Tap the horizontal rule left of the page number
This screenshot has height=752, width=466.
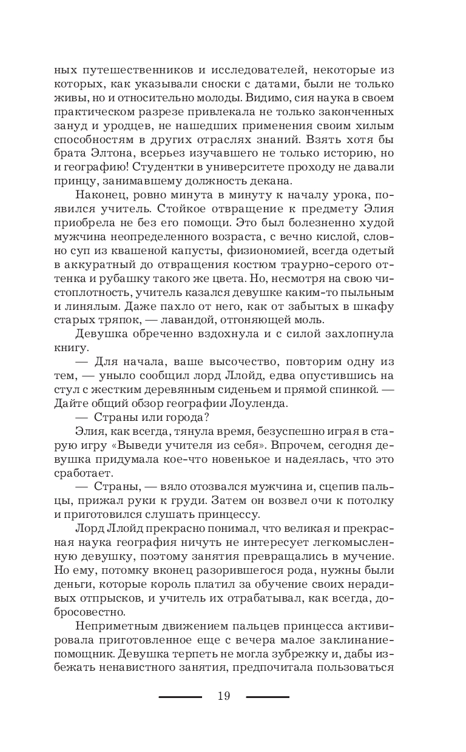(x=180, y=697)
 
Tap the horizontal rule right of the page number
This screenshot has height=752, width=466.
(x=268, y=697)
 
